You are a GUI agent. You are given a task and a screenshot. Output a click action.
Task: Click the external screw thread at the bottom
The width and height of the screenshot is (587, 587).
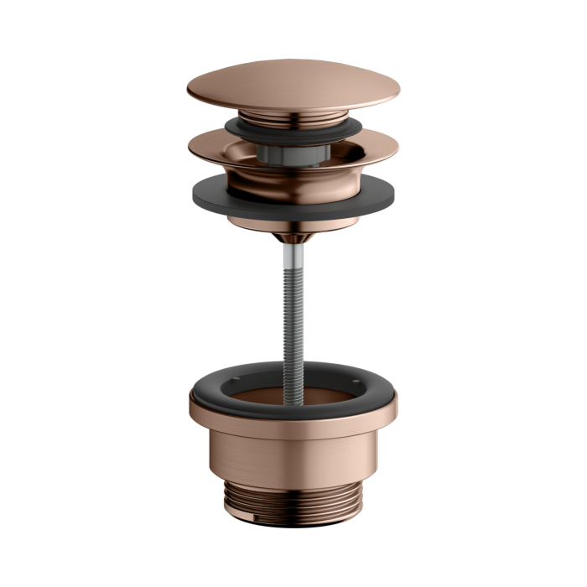[293, 500]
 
